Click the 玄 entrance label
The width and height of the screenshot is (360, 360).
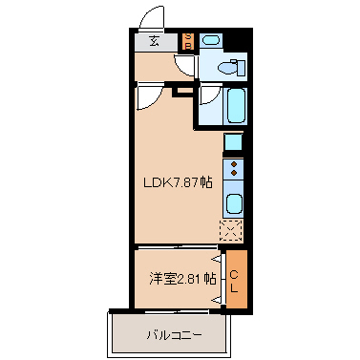point(153,40)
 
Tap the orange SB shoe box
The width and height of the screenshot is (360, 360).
point(188,40)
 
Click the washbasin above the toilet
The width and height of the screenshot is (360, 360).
point(212,40)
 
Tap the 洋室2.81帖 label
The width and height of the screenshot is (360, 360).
point(181,279)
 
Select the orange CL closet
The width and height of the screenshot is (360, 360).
point(236,278)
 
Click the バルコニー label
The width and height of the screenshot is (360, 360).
point(173,335)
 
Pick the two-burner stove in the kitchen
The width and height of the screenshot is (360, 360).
point(234,169)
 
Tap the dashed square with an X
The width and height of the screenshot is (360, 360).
point(233,230)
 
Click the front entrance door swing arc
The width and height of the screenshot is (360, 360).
point(150,19)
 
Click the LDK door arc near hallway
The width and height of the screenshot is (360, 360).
point(148,96)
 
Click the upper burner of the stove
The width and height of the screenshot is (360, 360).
point(234,163)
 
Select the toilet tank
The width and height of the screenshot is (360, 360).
point(240,67)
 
